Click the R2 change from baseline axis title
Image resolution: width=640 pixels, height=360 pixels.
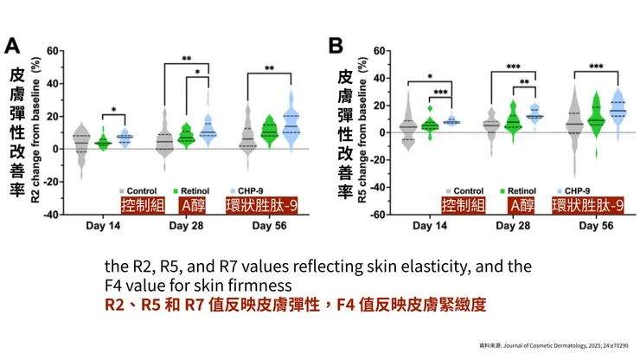[36, 130]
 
